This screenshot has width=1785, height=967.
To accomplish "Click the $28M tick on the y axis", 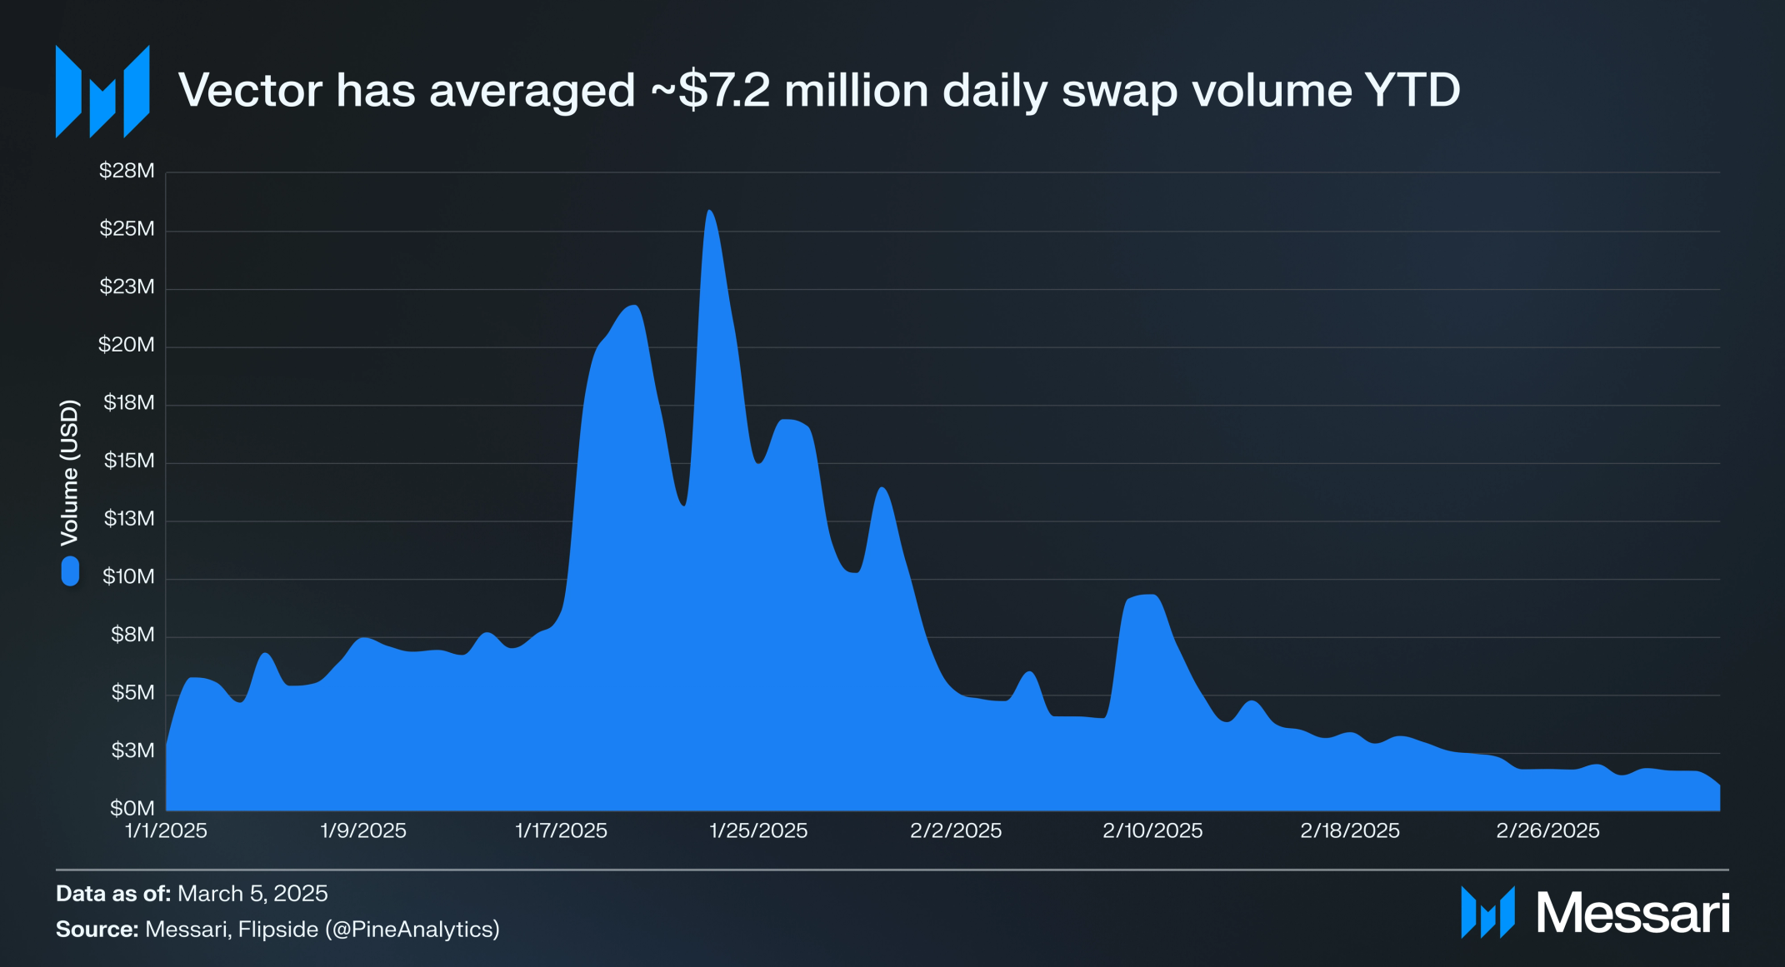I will (x=127, y=171).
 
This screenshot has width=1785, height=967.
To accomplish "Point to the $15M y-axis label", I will (x=129, y=461).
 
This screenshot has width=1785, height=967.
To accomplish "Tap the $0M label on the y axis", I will (x=132, y=808).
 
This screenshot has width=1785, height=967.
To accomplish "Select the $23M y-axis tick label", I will (x=127, y=287).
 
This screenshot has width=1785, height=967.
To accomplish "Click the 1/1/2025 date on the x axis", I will (x=166, y=830).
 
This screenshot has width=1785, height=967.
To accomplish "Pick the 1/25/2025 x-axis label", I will (x=758, y=830).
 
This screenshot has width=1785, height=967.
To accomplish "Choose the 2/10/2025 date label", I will (x=1152, y=830).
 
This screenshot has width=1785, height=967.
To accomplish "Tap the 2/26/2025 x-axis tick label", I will (x=1547, y=830).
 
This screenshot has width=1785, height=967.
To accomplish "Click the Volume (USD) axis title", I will (x=70, y=472).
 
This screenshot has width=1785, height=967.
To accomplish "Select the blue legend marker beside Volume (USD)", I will (x=70, y=571).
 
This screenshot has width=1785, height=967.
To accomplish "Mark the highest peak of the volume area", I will (x=709, y=212).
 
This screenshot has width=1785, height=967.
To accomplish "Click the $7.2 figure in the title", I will (x=724, y=90).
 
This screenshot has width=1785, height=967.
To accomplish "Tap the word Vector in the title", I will (x=250, y=90).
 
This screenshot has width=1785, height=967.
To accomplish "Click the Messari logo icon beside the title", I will (x=102, y=92).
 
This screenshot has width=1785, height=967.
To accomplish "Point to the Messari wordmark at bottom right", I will (x=1632, y=913).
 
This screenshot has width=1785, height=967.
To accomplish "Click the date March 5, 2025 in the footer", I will (x=252, y=894).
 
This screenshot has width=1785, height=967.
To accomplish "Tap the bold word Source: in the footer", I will (x=97, y=929).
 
